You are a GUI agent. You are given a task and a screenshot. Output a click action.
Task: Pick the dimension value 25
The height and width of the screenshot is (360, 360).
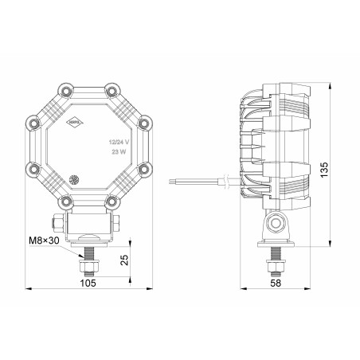click(125, 260)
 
